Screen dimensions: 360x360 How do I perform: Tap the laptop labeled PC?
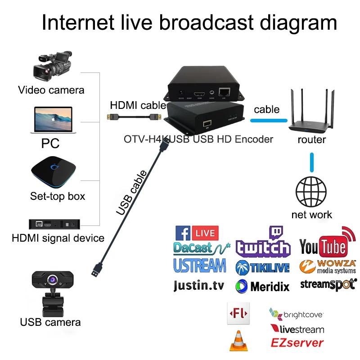[x=51, y=120]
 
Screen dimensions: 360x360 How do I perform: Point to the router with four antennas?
[x=312, y=115]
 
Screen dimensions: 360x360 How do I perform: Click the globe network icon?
[x=311, y=191]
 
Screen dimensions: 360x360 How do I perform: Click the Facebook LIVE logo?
[x=196, y=233]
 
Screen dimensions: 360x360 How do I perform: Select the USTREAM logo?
[x=199, y=265]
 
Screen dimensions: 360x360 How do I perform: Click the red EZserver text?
[x=297, y=343]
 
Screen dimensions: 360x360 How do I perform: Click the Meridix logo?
[x=263, y=286]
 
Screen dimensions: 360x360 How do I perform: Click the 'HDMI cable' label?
[x=138, y=105]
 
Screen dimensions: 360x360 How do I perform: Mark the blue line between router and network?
[x=312, y=162]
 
